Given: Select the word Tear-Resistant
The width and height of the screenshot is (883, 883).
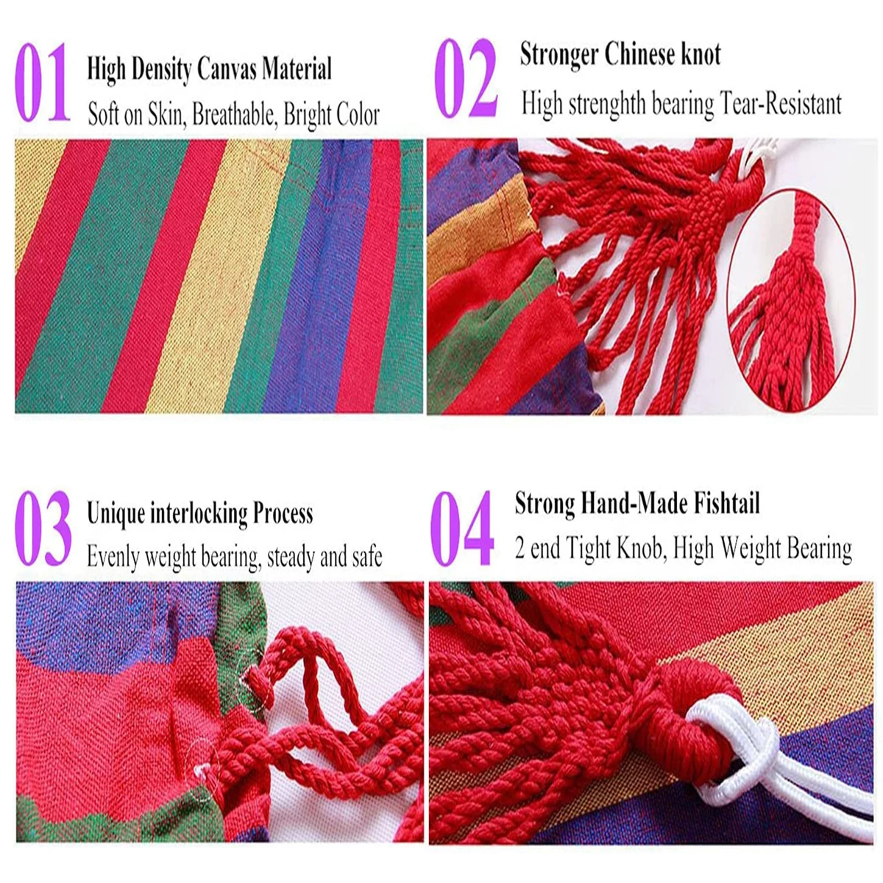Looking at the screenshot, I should (x=781, y=104).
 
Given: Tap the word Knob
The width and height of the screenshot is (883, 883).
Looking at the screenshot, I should (x=638, y=549).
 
